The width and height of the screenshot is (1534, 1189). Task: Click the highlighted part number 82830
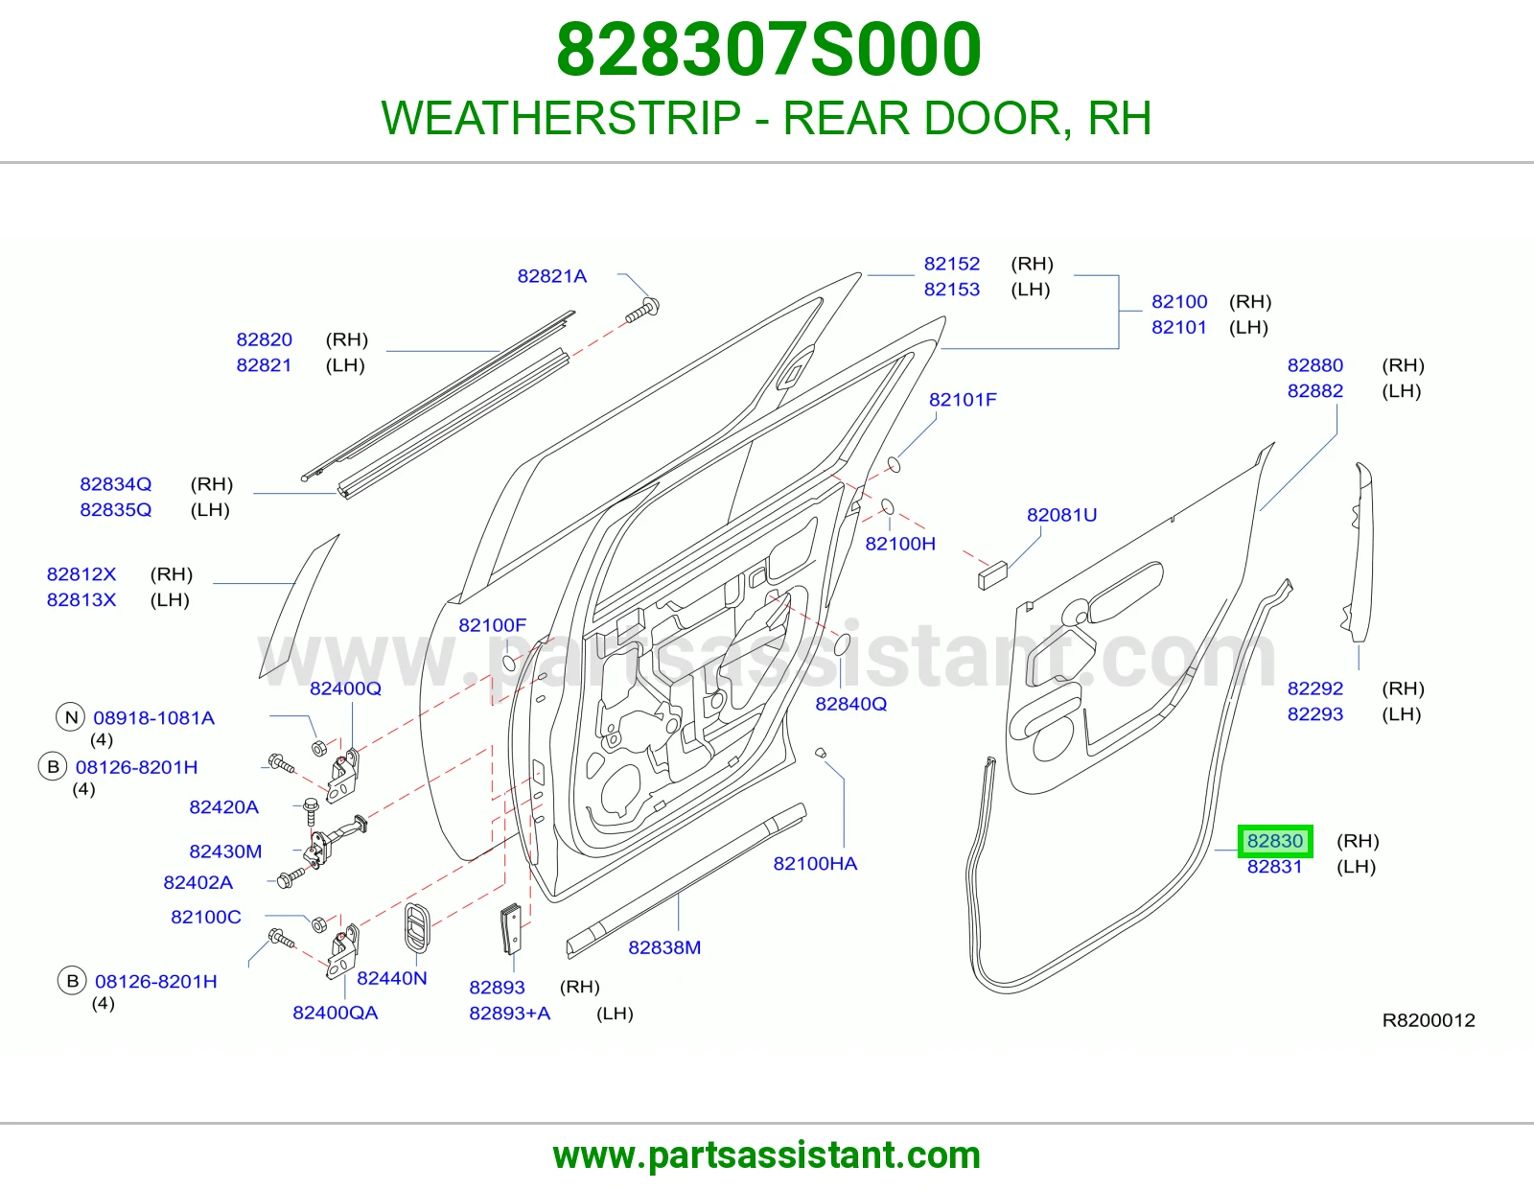click(1275, 841)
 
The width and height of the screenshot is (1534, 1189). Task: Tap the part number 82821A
click(552, 276)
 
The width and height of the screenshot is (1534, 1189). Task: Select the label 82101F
click(963, 400)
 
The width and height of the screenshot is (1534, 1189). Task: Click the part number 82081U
click(1061, 515)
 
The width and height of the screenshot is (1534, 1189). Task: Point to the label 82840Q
click(850, 704)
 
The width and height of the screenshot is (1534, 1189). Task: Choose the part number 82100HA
click(815, 864)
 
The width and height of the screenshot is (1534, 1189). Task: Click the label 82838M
click(664, 947)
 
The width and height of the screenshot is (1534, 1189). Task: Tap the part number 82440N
click(392, 978)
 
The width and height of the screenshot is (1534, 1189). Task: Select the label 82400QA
click(336, 1013)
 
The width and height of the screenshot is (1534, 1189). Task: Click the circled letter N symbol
click(71, 718)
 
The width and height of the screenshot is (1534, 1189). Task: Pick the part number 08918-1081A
click(154, 718)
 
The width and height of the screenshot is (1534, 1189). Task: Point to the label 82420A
click(223, 807)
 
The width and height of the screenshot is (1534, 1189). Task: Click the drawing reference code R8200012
click(1429, 1020)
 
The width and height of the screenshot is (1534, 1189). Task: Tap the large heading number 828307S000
click(768, 49)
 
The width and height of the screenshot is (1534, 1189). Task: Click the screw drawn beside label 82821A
click(643, 311)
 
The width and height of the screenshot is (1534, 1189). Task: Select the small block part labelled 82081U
click(992, 574)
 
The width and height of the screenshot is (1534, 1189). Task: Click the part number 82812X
click(81, 574)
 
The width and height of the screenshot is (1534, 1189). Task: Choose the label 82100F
click(492, 625)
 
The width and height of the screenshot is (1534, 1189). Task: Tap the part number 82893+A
click(510, 1014)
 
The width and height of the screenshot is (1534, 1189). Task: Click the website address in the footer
click(767, 1155)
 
